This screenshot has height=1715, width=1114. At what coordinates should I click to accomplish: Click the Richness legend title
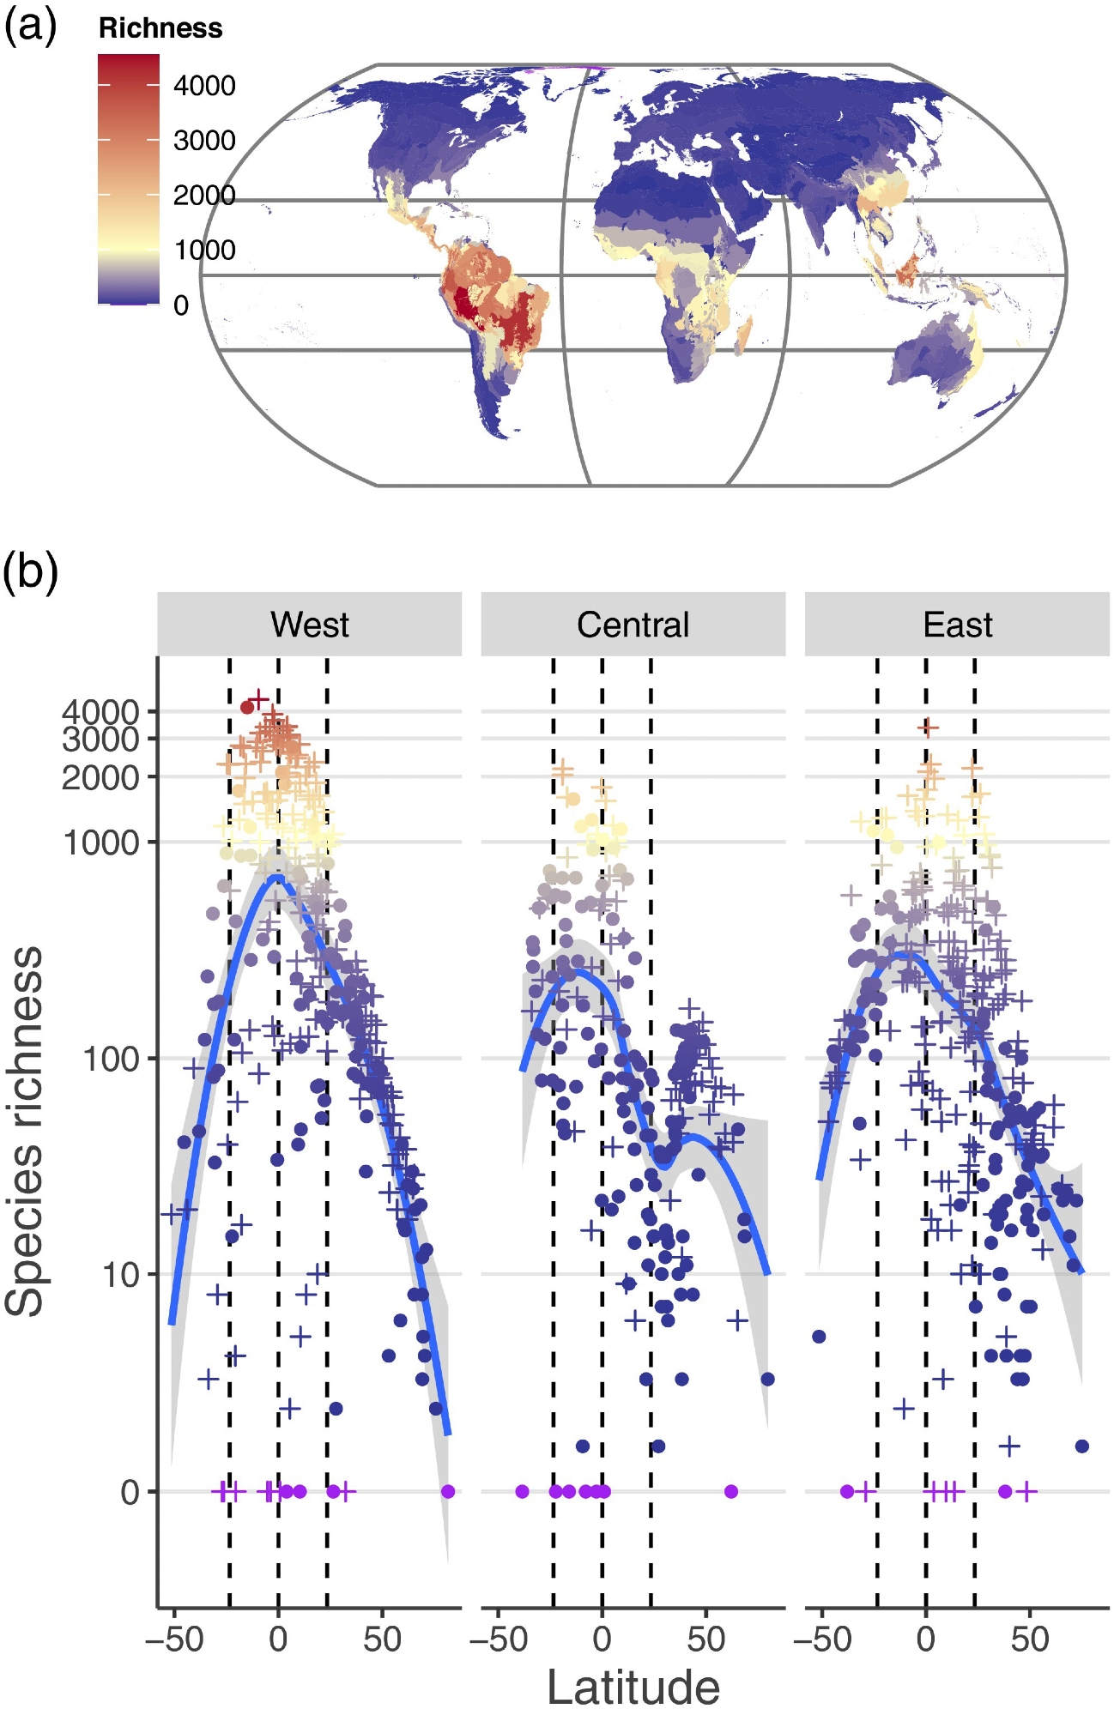click(x=160, y=28)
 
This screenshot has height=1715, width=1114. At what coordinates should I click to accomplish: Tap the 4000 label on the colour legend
click(x=204, y=86)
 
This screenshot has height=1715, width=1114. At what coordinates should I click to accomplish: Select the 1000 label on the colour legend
click(x=204, y=250)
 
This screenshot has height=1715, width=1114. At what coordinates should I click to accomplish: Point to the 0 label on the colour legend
click(x=181, y=305)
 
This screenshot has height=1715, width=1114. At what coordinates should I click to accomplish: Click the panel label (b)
click(x=30, y=571)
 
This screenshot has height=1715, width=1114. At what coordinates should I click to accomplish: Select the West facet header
click(x=309, y=625)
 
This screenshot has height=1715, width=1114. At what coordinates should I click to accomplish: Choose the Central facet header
click(x=633, y=625)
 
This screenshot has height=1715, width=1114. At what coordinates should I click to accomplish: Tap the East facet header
click(x=957, y=625)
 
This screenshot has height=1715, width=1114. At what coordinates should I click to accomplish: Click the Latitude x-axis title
click(x=633, y=1688)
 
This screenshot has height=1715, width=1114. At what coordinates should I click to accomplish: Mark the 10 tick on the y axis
click(x=120, y=1275)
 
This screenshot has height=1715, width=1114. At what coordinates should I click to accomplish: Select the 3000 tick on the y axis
click(x=100, y=739)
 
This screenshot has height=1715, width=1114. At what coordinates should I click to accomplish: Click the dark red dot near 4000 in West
click(x=247, y=707)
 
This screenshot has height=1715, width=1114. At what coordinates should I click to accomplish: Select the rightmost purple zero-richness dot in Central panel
click(x=731, y=1491)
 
